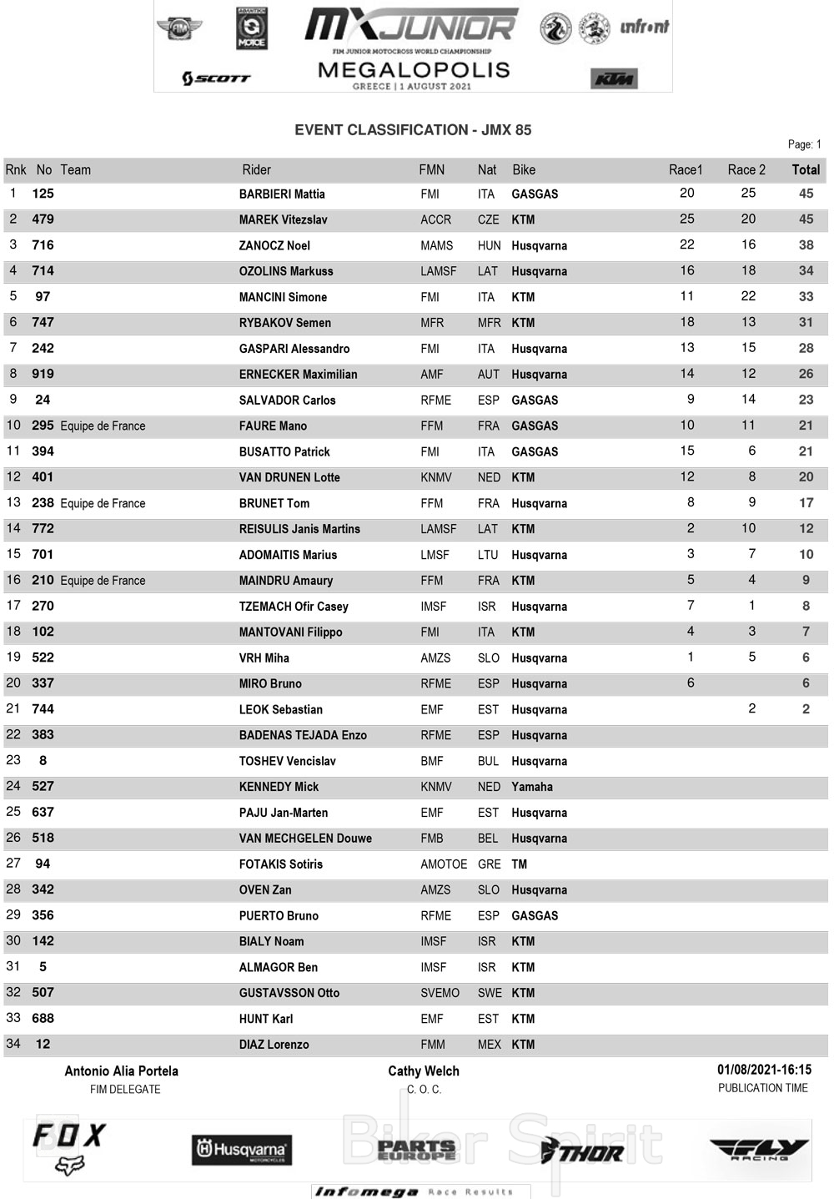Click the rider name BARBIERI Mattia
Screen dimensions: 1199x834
tap(282, 194)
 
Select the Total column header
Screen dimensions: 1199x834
tap(806, 170)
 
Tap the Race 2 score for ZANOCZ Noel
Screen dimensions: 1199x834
tap(748, 244)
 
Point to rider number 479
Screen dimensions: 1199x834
tap(43, 219)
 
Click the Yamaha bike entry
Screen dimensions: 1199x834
tap(532, 787)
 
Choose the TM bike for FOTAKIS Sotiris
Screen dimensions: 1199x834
tap(520, 864)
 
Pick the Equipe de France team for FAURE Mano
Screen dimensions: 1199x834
tap(103, 426)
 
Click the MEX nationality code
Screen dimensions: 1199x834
tap(490, 1045)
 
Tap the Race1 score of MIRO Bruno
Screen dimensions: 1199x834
tap(691, 683)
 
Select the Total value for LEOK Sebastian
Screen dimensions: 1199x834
tap(806, 709)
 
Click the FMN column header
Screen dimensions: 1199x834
tap(431, 170)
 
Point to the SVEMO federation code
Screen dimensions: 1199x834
tap(440, 993)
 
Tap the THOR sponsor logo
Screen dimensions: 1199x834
tap(582, 1152)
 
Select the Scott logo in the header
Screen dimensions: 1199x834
tap(216, 78)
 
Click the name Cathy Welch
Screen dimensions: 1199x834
tap(424, 1071)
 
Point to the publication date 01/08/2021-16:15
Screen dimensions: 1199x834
tap(764, 1070)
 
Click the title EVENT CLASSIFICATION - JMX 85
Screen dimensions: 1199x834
tap(413, 130)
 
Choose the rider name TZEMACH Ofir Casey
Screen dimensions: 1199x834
tap(294, 607)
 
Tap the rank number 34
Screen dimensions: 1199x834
tap(13, 1044)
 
